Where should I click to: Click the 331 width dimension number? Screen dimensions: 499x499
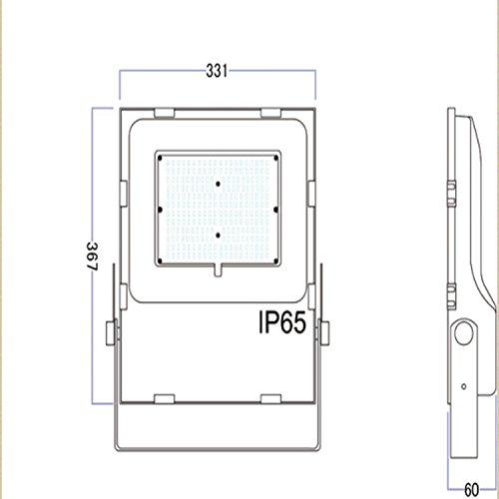pyautogui.click(x=217, y=71)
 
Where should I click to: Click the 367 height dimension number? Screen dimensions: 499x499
pyautogui.click(x=92, y=256)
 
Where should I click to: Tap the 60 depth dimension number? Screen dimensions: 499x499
pyautogui.click(x=471, y=490)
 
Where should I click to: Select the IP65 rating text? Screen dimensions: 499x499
pyautogui.click(x=282, y=322)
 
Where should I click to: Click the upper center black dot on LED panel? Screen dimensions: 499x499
pyautogui.click(x=218, y=184)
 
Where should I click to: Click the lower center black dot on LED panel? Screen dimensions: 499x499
pyautogui.click(x=218, y=236)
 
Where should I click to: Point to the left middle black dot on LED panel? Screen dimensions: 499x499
pyautogui.click(x=160, y=210)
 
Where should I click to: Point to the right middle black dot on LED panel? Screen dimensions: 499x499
pyautogui.click(x=275, y=210)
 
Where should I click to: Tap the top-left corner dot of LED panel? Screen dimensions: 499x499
pyautogui.click(x=160, y=158)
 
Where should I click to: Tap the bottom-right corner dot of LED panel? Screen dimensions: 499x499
pyautogui.click(x=275, y=261)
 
